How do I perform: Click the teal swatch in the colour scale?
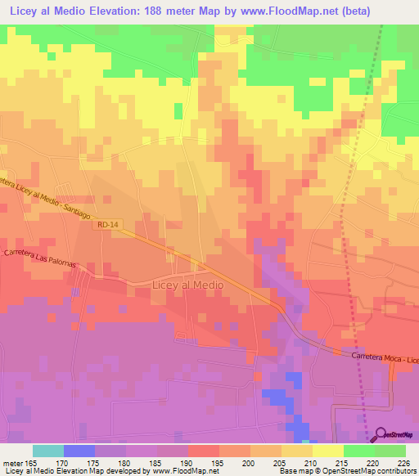coord(48,450)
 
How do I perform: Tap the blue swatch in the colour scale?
coord(79,450)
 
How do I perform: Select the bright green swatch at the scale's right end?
coord(390,450)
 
